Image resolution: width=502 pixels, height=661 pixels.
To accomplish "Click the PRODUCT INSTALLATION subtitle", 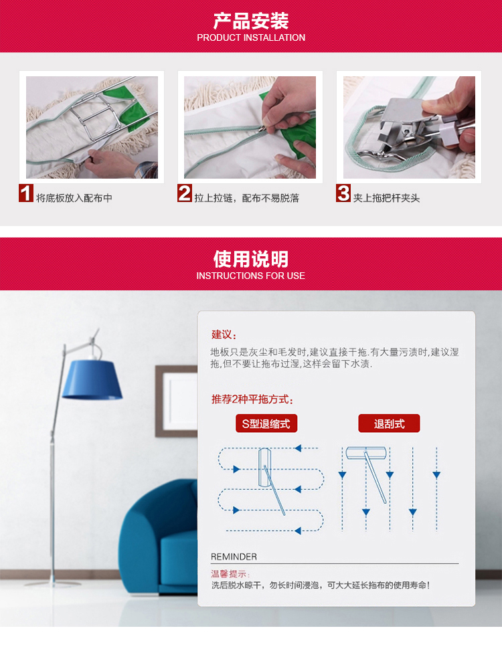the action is point(251,37).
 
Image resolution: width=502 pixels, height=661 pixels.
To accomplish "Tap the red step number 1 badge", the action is point(26,193).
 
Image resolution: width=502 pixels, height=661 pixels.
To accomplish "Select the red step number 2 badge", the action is point(185,193).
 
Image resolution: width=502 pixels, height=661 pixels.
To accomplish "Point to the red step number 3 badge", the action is point(343,193).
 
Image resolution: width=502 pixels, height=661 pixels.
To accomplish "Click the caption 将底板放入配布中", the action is point(74,198).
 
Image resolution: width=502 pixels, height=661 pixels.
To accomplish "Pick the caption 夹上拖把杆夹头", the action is point(386,198).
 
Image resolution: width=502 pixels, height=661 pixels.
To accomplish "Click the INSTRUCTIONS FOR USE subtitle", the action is point(250,276).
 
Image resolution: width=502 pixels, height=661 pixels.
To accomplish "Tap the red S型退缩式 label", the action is point(266,423).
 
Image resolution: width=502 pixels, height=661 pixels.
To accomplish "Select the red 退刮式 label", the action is point(389,423).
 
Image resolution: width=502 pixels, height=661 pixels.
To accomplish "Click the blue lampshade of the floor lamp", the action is point(92,379).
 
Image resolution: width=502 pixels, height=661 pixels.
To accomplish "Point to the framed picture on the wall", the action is point(176,401).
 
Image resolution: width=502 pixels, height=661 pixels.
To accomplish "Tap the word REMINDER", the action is point(234,557).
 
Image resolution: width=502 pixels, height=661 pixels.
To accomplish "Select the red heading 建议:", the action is point(224,335).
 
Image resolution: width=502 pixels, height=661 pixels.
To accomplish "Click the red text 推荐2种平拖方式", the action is point(252,399).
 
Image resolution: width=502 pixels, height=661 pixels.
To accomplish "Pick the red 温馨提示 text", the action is point(230,574).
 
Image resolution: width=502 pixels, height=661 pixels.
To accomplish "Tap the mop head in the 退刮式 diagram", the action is point(366,453).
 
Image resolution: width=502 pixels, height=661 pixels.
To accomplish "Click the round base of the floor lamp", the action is point(52,583).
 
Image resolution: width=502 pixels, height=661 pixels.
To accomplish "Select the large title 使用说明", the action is point(251,259).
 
